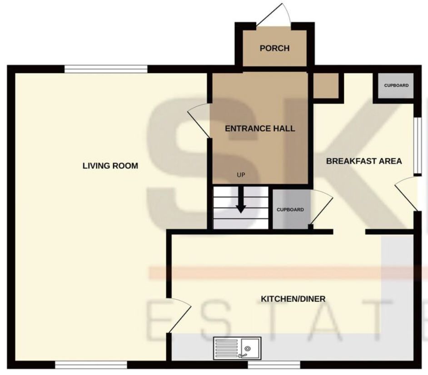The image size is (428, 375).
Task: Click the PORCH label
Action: point(274,48)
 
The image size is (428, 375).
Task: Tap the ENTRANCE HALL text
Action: point(260,128)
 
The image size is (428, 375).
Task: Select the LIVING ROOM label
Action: point(110,166)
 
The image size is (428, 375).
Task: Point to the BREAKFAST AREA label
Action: point(364,161)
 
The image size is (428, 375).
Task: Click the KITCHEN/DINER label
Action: point(293,299)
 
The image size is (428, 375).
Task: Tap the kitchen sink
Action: point(237,348)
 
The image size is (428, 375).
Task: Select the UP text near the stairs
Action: point(241,175)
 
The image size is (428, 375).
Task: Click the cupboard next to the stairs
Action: point(291,209)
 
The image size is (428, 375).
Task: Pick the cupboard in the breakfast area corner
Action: point(396,86)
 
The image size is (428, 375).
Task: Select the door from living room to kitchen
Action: point(179,316)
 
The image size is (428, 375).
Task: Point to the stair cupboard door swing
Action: point(322,207)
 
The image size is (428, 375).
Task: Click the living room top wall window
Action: point(106,69)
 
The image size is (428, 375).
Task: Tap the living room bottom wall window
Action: point(91,365)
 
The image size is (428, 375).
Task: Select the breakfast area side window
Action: point(418,146)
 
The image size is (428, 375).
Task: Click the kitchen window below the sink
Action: point(274,365)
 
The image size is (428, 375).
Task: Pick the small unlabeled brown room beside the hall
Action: point(326,86)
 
